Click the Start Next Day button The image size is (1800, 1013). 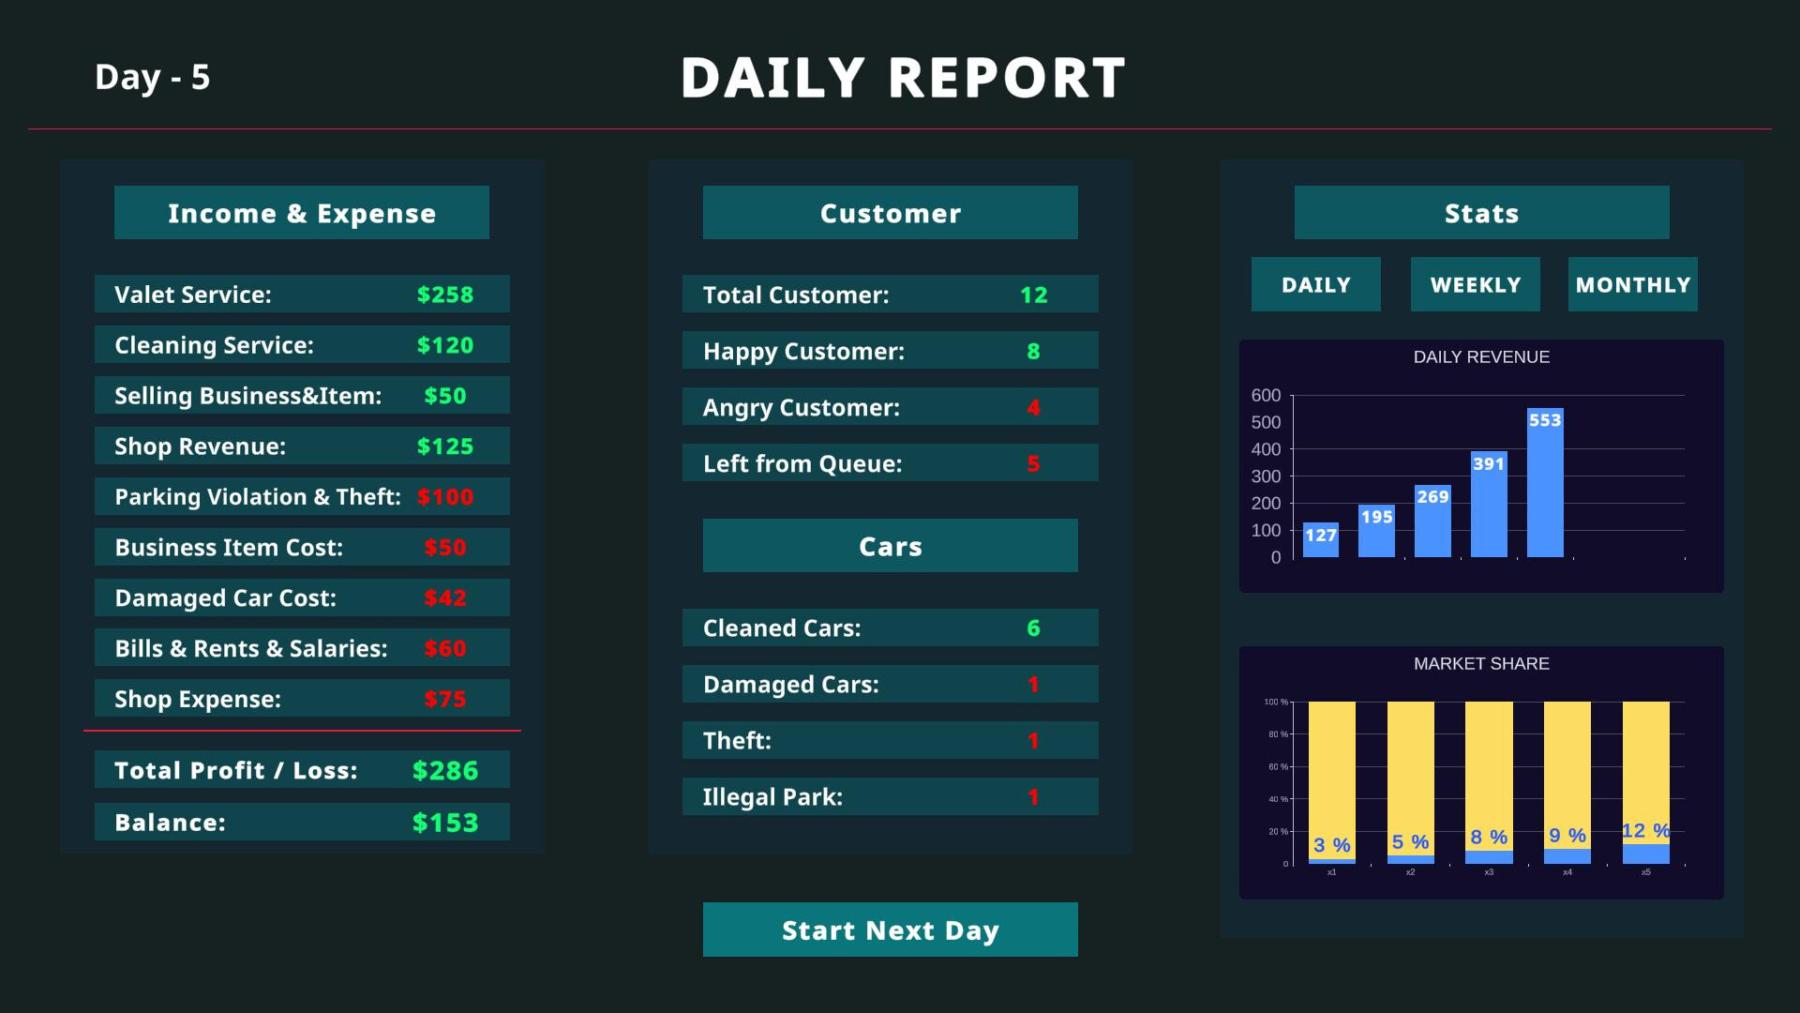[x=890, y=930]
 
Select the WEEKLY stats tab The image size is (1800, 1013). [x=1475, y=284]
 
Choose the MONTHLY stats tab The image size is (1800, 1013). [x=1632, y=284]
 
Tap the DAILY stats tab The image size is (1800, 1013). [x=1315, y=284]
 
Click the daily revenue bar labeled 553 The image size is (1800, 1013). [x=1545, y=488]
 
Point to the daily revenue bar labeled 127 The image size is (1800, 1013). [x=1320, y=541]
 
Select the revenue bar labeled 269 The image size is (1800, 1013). [x=1432, y=522]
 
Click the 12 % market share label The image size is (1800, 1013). [x=1645, y=831]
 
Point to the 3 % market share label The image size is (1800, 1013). [x=1331, y=845]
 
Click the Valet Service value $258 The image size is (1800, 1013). [x=445, y=295]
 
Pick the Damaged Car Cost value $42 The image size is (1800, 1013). [x=445, y=598]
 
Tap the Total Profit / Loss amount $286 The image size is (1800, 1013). [x=445, y=771]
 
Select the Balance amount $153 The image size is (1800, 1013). [x=445, y=823]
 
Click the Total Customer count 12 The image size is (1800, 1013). [x=1033, y=295]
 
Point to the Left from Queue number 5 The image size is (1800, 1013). [x=1033, y=464]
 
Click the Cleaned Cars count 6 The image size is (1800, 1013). [x=1033, y=628]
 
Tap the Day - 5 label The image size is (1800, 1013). [x=152, y=77]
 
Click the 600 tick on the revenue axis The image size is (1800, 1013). [x=1266, y=396]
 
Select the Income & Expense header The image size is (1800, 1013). [x=302, y=213]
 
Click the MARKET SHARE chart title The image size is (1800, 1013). [x=1481, y=664]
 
